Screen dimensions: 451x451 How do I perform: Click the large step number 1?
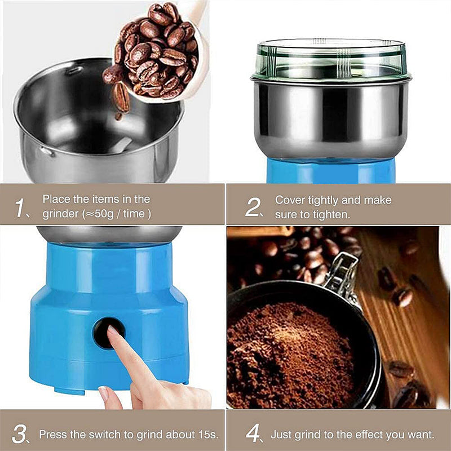pyautogui.click(x=20, y=207)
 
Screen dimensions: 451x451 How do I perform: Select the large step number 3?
pyautogui.click(x=19, y=434)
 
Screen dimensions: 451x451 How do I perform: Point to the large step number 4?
pyautogui.click(x=253, y=433)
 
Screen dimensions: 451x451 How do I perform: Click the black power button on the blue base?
pyautogui.click(x=109, y=333)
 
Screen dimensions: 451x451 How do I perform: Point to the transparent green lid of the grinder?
pyautogui.click(x=331, y=60)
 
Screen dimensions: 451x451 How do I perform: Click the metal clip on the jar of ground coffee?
pyautogui.click(x=342, y=273)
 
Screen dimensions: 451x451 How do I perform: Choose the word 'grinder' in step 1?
pyautogui.click(x=60, y=215)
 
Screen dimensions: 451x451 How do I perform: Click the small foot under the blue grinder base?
pyautogui.click(x=69, y=391)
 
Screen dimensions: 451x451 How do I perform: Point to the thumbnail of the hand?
pyautogui.click(x=103, y=393)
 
